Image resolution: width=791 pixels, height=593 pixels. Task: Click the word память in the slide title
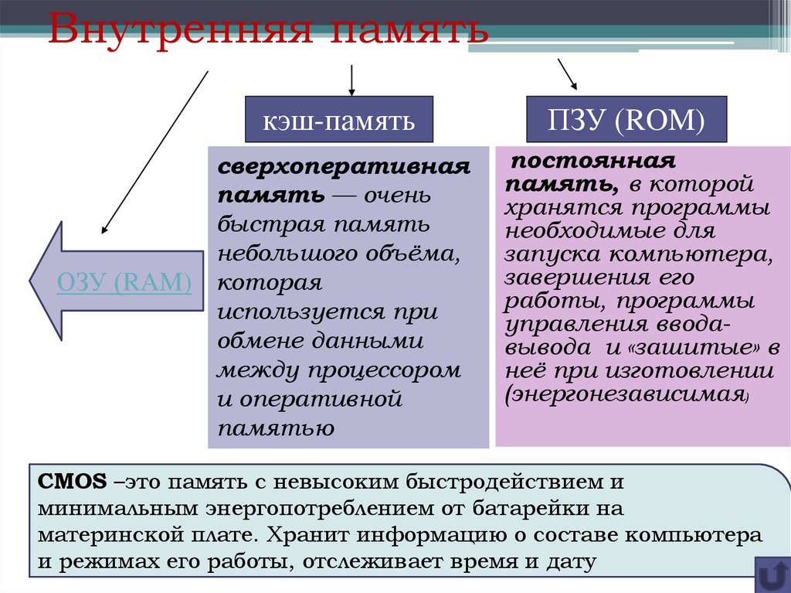coord(409,30)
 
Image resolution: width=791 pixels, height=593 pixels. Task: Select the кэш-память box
coord(338,120)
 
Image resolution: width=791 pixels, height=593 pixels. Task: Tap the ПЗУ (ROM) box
coord(626,120)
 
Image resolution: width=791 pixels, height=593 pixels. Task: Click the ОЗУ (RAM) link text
coord(124,282)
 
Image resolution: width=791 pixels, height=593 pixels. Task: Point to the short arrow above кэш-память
coord(352,80)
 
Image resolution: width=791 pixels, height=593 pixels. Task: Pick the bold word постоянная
coord(592,162)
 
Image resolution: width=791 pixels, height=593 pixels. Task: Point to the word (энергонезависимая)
coord(626,394)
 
